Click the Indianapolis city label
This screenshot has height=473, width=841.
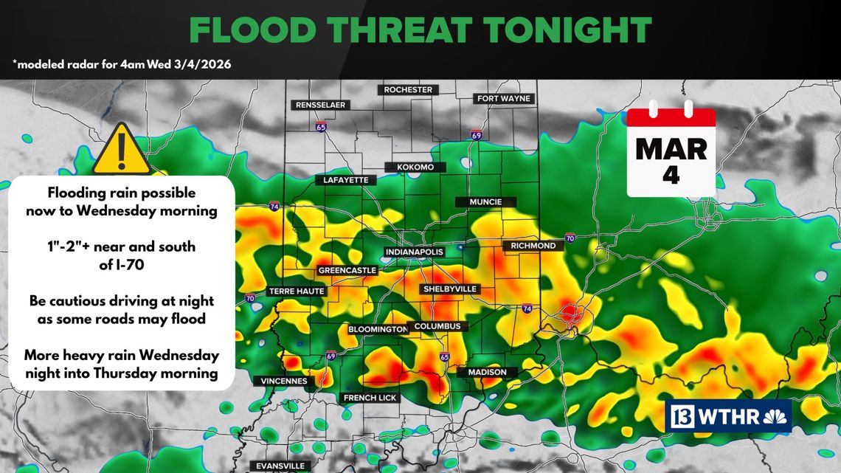[415, 252]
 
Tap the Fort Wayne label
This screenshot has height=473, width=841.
[503, 99]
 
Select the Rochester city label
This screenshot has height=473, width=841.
[408, 90]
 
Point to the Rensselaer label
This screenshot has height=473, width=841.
[320, 106]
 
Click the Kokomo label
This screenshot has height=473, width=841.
[415, 168]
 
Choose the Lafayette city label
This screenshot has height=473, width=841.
[345, 180]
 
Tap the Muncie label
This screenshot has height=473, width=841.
[485, 202]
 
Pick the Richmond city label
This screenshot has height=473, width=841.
[533, 246]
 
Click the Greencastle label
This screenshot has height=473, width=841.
[347, 271]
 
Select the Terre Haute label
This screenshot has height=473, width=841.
[297, 291]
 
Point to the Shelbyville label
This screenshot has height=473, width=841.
[449, 289]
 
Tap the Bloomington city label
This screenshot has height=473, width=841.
[378, 329]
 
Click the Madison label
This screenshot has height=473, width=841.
[487, 373]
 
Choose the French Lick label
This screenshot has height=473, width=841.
[370, 398]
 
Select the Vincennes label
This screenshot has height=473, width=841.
[284, 381]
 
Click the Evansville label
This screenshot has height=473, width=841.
[280, 466]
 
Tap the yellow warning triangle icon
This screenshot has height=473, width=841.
[122, 151]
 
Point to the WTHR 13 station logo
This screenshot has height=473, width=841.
[728, 417]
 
